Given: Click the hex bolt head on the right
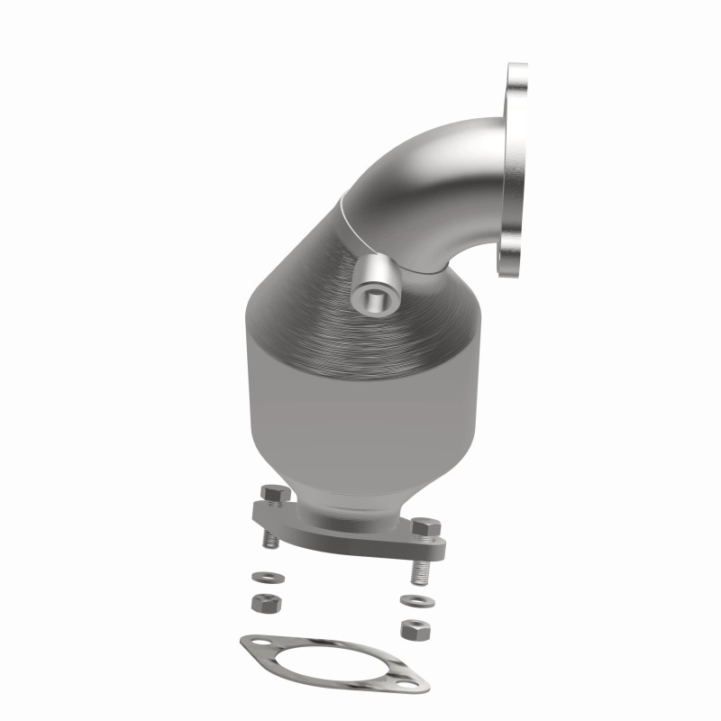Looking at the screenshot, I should coord(425,528).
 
